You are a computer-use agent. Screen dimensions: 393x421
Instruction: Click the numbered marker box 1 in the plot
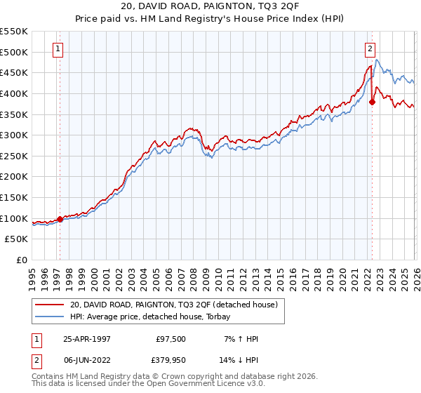(x=58, y=48)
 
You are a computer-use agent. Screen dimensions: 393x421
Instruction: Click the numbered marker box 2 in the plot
(x=370, y=48)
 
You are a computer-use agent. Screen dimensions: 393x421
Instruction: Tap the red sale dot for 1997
(x=60, y=219)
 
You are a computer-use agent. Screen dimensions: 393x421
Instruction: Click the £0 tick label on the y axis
(x=22, y=260)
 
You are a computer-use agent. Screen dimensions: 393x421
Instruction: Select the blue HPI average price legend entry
(x=154, y=317)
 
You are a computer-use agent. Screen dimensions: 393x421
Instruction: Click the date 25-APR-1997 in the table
(x=83, y=339)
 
